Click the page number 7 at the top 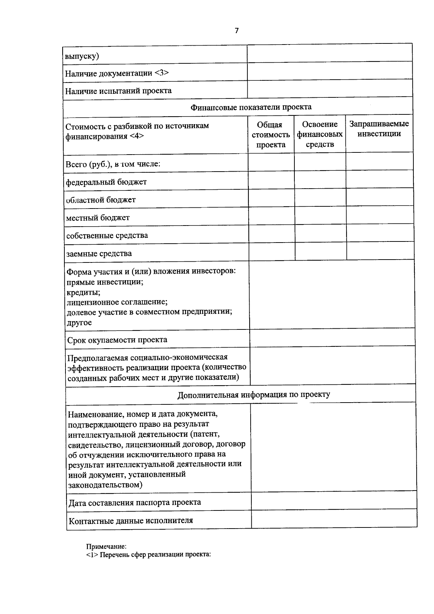pyautogui.click(x=237, y=31)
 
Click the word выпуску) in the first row pyautogui.click(x=82, y=56)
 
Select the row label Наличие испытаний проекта pyautogui.click(x=118, y=91)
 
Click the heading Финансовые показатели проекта pyautogui.click(x=251, y=107)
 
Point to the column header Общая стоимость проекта pyautogui.click(x=271, y=135)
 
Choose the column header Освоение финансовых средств pyautogui.click(x=320, y=134)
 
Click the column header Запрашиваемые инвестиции pyautogui.click(x=379, y=129)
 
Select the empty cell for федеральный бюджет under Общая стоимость pyautogui.click(x=271, y=180)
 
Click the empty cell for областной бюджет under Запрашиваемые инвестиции pyautogui.click(x=379, y=198)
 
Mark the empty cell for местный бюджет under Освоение pyautogui.click(x=320, y=216)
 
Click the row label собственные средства pyautogui.click(x=107, y=235)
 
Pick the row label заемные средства pyautogui.click(x=99, y=253)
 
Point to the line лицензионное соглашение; pyautogui.click(x=117, y=302)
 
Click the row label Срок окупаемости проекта pyautogui.click(x=117, y=340)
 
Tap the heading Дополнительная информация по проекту pyautogui.click(x=254, y=395)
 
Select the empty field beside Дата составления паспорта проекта pyautogui.click(x=333, y=501)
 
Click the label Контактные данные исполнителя pyautogui.click(x=131, y=521)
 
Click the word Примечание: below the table pyautogui.click(x=106, y=547)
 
